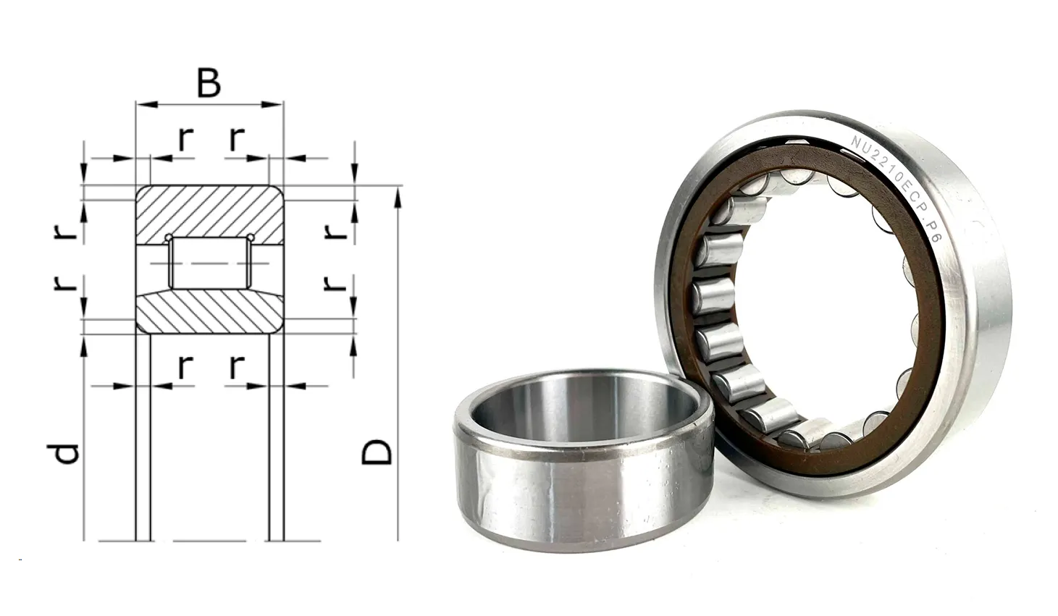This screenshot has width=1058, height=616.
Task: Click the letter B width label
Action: (209, 83)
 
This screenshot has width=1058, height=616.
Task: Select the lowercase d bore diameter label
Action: (63, 452)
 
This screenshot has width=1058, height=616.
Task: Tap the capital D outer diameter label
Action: (377, 452)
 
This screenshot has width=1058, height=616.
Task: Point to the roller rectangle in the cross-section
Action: (209, 263)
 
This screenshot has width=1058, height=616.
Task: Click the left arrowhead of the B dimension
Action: (146, 104)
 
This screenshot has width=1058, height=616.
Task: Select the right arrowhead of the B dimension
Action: (272, 104)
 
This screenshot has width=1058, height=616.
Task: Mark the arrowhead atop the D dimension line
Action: (398, 197)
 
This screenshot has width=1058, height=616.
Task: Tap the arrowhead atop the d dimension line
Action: (84, 345)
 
